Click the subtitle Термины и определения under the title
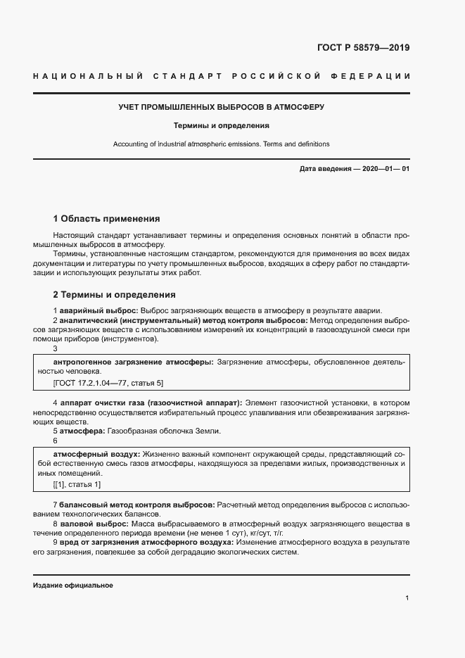click(x=222, y=126)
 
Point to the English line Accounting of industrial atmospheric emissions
click(x=222, y=144)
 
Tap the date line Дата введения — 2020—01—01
click(x=354, y=170)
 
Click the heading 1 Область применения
click(x=107, y=219)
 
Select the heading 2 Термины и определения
click(x=115, y=295)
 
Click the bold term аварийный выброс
click(x=98, y=311)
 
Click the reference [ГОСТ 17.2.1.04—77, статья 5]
click(x=108, y=383)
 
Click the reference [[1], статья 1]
click(x=77, y=485)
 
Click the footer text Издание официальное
click(x=73, y=586)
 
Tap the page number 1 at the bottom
click(x=407, y=598)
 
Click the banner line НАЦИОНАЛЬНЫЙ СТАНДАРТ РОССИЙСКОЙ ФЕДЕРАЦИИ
click(x=222, y=75)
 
